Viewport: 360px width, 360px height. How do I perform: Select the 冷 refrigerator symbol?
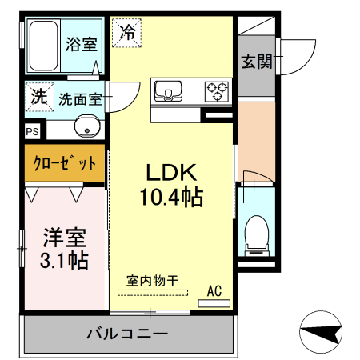click(126, 33)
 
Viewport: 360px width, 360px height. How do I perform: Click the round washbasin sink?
click(86, 126)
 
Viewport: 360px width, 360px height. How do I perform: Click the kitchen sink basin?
click(168, 91)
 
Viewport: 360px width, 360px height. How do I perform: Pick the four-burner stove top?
click(216, 91)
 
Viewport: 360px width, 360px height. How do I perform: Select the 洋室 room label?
click(63, 238)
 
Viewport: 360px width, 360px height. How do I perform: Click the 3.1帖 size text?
click(63, 260)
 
